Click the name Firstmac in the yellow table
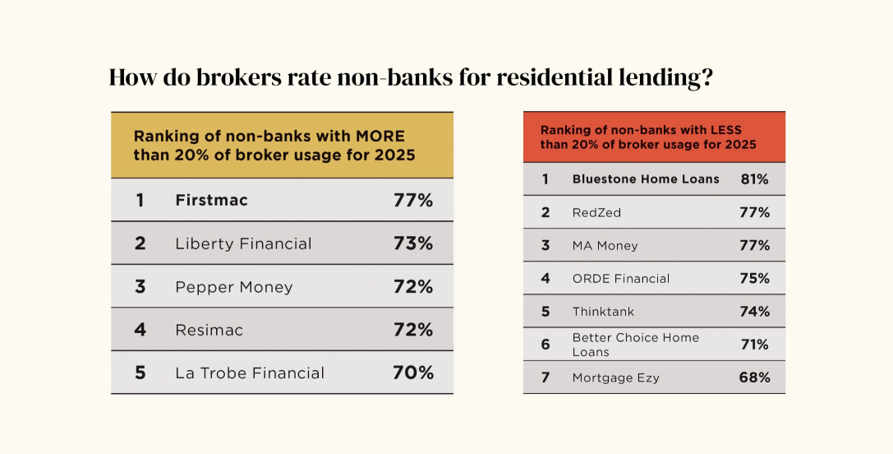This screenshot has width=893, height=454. [x=211, y=200]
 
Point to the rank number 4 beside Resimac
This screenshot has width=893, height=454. [x=140, y=330]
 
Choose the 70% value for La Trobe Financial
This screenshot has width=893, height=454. [x=412, y=373]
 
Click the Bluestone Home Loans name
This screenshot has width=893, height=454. [x=645, y=178]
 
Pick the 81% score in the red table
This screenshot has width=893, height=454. [x=753, y=178]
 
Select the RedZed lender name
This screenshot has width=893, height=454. [x=596, y=212]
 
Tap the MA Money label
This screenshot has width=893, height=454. [x=605, y=245]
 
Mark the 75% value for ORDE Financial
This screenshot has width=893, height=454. [x=753, y=278]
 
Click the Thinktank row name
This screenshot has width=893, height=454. [x=603, y=312]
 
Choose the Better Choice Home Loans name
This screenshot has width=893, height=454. [x=635, y=345]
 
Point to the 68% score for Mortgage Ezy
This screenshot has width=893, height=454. [x=753, y=378]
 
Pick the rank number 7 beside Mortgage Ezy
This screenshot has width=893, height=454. [x=545, y=378]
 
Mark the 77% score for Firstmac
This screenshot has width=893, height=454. [x=412, y=200]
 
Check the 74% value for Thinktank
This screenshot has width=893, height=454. [x=753, y=312]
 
